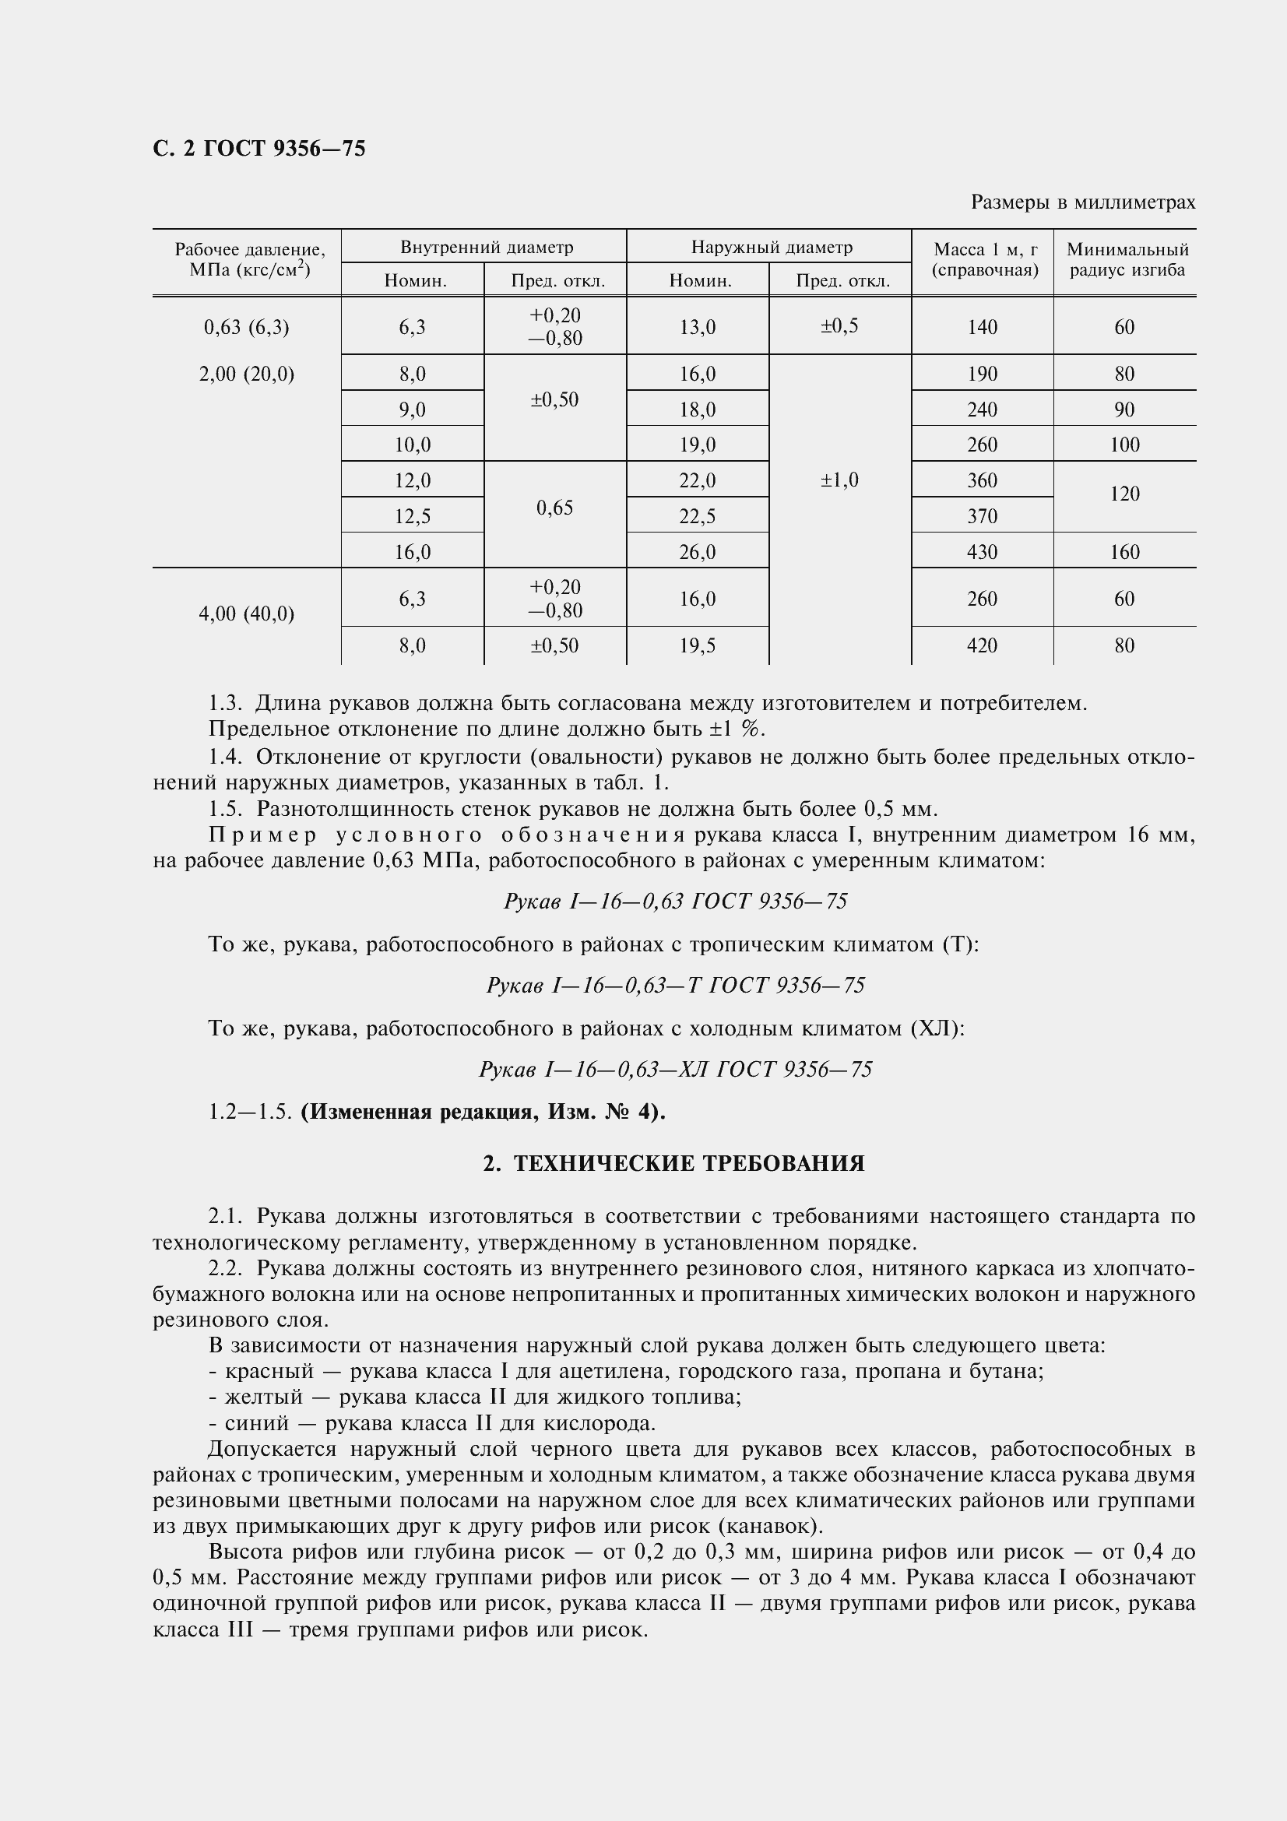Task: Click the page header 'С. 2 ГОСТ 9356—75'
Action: (x=259, y=149)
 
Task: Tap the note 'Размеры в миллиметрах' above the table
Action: (x=1082, y=203)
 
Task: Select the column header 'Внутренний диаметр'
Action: (x=486, y=248)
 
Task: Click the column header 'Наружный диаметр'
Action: (x=772, y=248)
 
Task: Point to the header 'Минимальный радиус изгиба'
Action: (x=1127, y=259)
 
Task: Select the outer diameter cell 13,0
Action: (x=698, y=327)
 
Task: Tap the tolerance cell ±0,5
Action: (x=840, y=326)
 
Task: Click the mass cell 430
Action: (x=982, y=552)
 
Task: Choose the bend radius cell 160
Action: (x=1124, y=552)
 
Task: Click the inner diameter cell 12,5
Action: (x=413, y=516)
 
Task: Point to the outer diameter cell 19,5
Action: (x=698, y=645)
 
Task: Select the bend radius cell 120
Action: (x=1124, y=494)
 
